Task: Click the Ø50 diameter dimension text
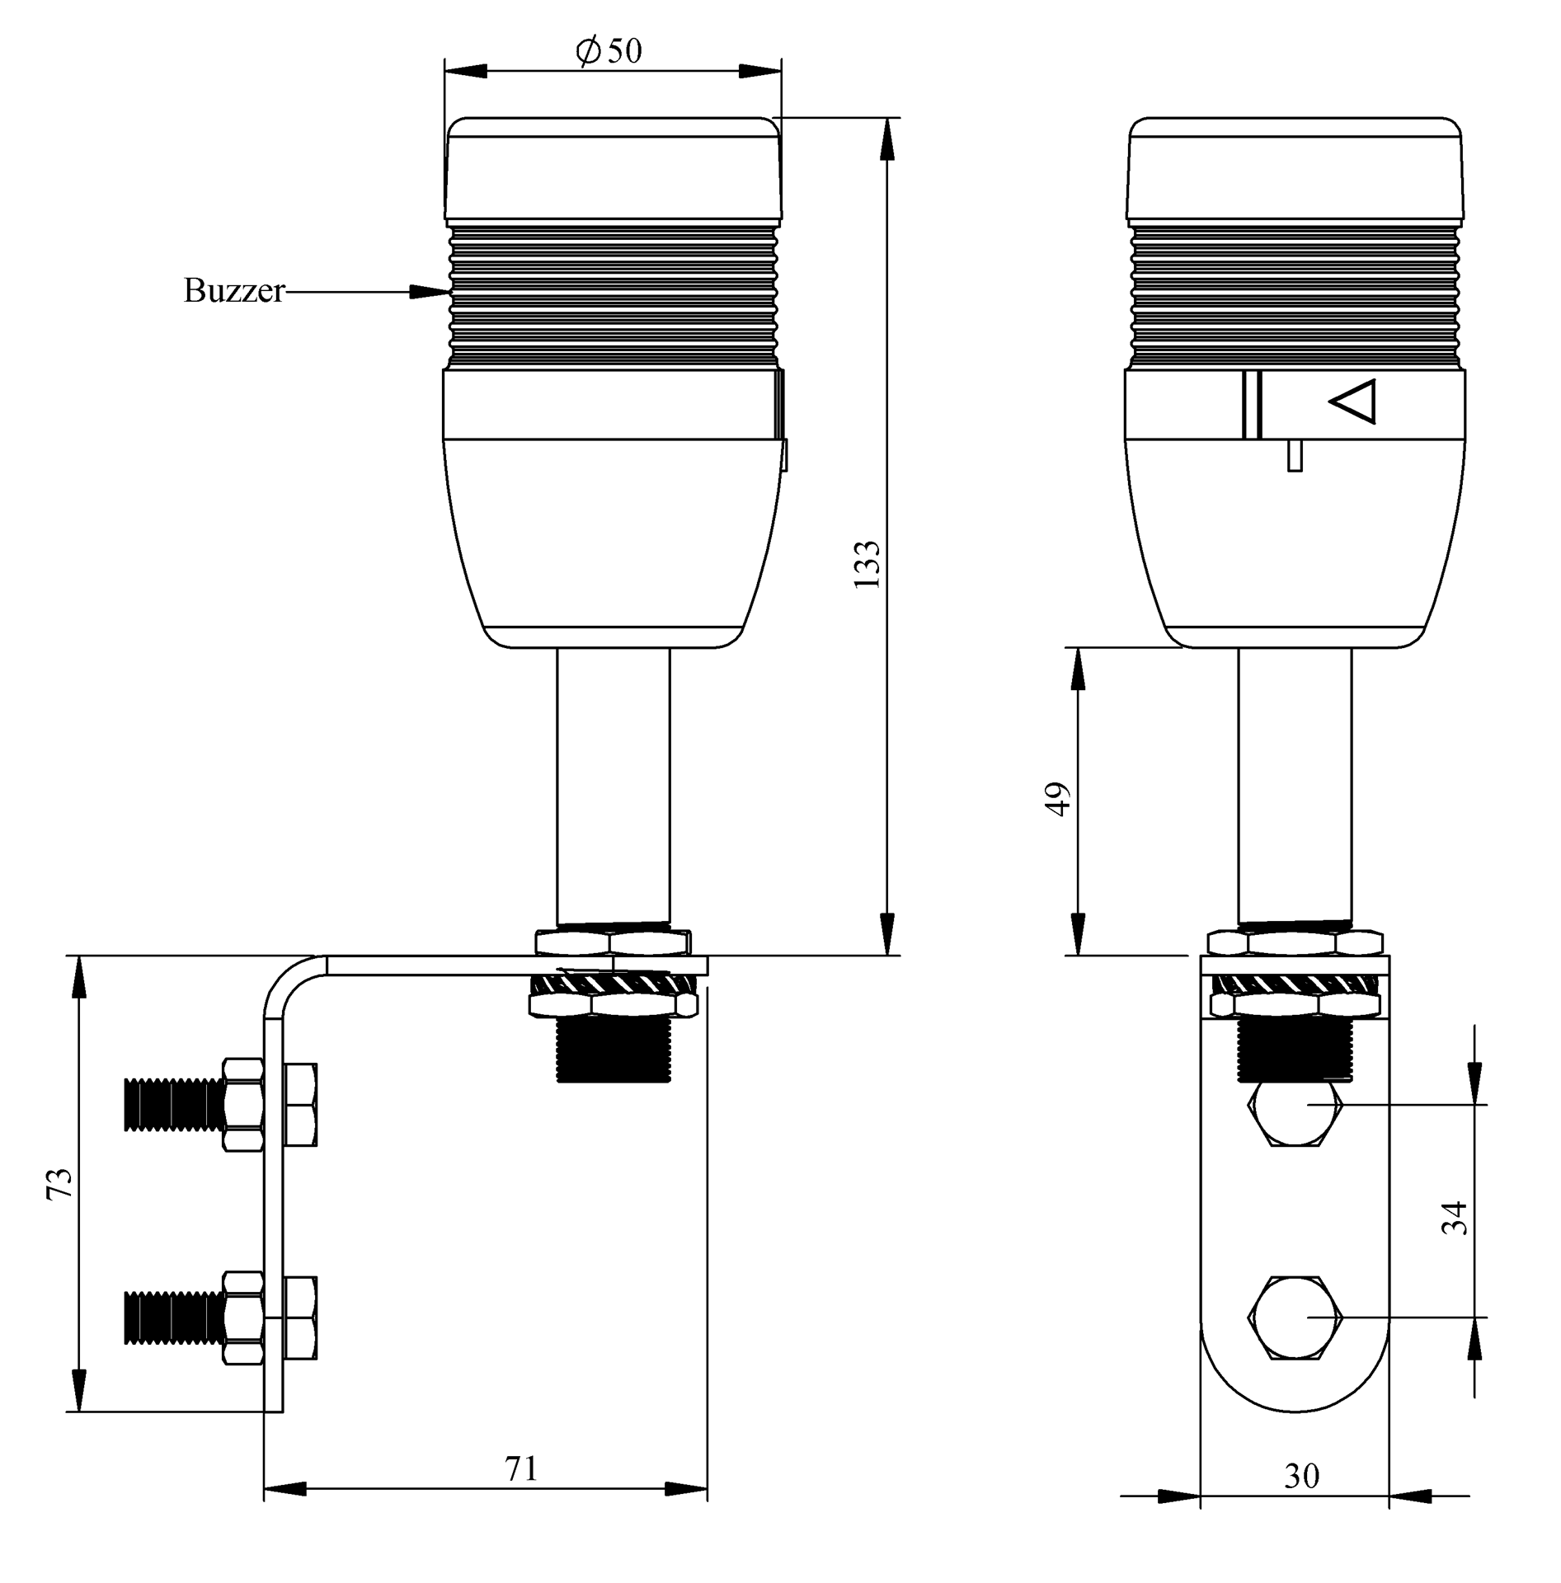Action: [x=609, y=51]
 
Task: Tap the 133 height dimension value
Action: [x=867, y=564]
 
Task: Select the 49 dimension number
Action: [x=1057, y=799]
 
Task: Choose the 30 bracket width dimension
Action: [x=1301, y=1475]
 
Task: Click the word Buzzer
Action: [x=234, y=291]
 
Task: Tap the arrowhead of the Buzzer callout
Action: [x=430, y=292]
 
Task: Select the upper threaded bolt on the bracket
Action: [x=173, y=1105]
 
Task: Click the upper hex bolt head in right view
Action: [x=1295, y=1114]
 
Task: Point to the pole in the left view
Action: [x=613, y=787]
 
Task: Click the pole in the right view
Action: [x=1295, y=787]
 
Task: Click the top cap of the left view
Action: [x=613, y=169]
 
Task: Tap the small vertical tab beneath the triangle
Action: [x=1295, y=456]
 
